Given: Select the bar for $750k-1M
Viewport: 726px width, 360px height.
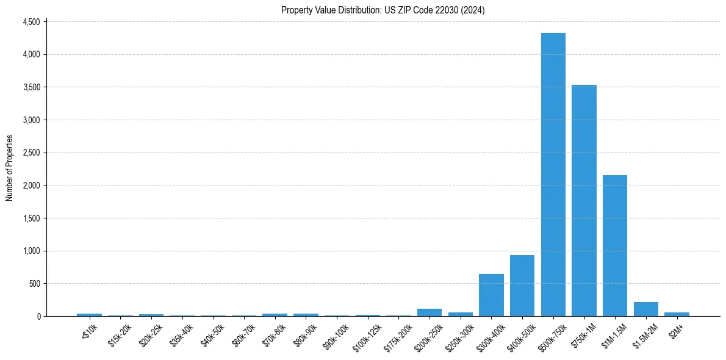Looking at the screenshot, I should point(584,201).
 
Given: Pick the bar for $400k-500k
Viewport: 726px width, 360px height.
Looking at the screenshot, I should point(522,286).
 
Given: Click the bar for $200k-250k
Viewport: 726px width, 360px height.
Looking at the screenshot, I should point(429,312).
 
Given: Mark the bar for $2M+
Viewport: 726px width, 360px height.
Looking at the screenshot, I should point(677,314).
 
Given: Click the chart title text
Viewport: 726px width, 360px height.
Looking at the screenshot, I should point(383,10).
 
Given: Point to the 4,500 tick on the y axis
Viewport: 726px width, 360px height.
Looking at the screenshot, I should point(31,22).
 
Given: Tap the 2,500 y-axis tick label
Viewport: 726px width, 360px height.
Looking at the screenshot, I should point(31,153).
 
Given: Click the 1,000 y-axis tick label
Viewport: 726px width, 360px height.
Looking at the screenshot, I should point(31,251).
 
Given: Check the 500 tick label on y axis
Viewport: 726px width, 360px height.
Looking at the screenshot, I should point(34,284).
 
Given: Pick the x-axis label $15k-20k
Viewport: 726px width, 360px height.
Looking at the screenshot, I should point(119,334).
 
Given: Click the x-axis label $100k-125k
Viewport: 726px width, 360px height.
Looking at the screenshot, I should point(365,336).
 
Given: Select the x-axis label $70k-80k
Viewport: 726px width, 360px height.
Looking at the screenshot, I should point(273,334).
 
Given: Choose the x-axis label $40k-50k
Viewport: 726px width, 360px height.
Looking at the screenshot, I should point(212,334).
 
